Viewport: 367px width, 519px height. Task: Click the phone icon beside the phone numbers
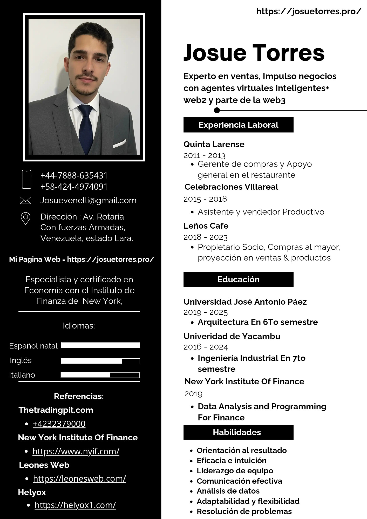coord(26,179)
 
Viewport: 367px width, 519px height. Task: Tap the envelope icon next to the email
coord(26,200)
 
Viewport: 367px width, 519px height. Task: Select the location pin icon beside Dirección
coord(25,218)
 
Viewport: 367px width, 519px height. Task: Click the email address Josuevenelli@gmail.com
coord(88,200)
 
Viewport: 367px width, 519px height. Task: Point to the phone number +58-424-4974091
coord(74,187)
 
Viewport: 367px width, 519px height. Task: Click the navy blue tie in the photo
coord(86,127)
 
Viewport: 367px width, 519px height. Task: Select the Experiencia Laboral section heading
coord(238,125)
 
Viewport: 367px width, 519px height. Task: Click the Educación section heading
coord(238,279)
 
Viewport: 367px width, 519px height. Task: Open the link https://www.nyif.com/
coord(76,452)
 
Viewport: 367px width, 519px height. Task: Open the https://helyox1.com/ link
coord(75,505)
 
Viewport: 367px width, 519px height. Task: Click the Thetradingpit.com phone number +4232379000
coord(59,424)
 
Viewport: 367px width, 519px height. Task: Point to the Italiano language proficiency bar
coord(100,375)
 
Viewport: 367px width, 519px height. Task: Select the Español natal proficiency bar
coord(100,345)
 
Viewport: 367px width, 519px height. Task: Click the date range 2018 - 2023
coord(205,237)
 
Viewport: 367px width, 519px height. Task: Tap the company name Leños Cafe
coord(206,226)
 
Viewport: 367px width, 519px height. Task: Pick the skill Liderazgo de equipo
coord(235,471)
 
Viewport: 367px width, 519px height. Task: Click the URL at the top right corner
coord(309,11)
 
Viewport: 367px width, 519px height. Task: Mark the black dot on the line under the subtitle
coord(217,110)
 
